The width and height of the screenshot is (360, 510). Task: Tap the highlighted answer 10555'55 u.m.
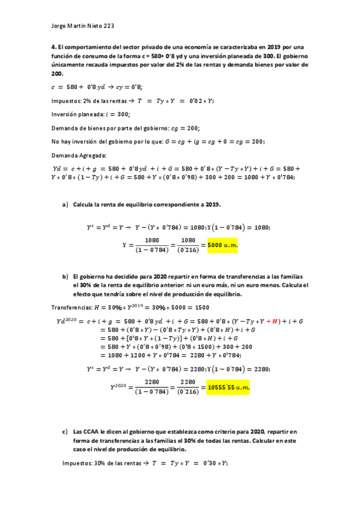coord(227,388)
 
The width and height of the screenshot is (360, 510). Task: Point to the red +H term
coord(273,322)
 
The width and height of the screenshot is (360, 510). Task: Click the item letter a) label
coord(65,204)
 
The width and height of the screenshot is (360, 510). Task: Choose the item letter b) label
coord(65,276)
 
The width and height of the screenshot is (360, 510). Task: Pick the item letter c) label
coord(65,432)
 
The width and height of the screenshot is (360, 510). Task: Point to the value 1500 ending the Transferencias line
coord(202,307)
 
